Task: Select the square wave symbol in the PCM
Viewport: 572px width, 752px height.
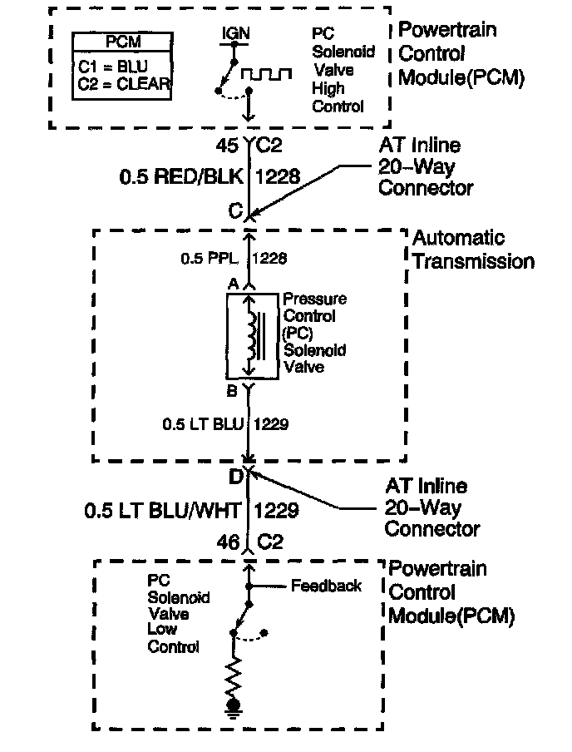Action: [x=267, y=74]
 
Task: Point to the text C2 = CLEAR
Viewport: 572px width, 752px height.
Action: [x=125, y=82]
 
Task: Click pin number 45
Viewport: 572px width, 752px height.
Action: [x=227, y=145]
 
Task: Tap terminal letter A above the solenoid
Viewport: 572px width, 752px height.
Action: [x=234, y=284]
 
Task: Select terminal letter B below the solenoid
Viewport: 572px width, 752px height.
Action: [x=234, y=389]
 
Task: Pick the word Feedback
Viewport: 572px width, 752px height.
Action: [x=326, y=586]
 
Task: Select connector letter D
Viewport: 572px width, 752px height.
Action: [x=235, y=477]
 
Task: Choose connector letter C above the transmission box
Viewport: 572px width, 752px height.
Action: [x=234, y=211]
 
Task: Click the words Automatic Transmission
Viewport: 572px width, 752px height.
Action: [x=472, y=250]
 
